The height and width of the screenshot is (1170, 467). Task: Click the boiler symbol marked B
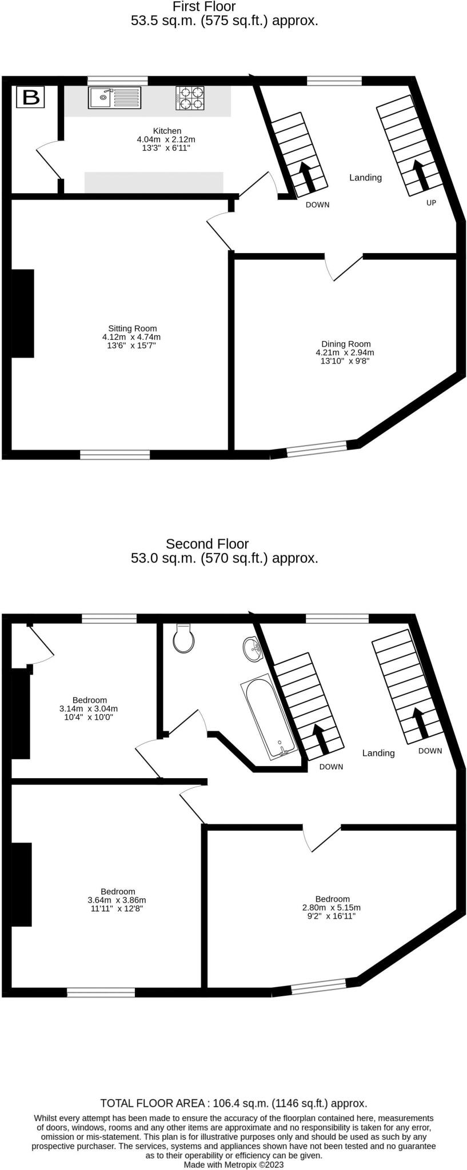[x=30, y=97]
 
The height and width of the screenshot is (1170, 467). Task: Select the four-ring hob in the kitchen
[x=190, y=97]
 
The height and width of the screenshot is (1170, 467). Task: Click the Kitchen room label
[x=167, y=131]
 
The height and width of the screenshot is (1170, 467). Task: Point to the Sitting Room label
[x=133, y=328]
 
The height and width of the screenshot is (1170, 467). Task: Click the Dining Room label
[x=346, y=344]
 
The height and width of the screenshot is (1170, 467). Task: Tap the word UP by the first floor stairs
[x=431, y=202]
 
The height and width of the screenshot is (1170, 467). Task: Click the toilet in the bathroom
[x=183, y=638]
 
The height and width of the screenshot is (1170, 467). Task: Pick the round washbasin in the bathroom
[x=252, y=650]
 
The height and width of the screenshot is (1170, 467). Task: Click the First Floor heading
[x=204, y=7]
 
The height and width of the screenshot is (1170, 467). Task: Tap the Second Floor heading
[x=207, y=544]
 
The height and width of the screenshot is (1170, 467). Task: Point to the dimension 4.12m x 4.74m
[x=133, y=337]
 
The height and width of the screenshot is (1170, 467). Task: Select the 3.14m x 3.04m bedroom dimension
[x=89, y=708]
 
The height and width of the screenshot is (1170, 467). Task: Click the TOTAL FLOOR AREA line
[x=233, y=1103]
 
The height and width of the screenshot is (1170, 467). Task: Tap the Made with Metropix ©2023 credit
[x=233, y=1164]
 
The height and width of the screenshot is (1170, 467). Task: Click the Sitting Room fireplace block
[x=22, y=313]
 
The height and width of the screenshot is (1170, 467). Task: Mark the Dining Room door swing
[x=343, y=267]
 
